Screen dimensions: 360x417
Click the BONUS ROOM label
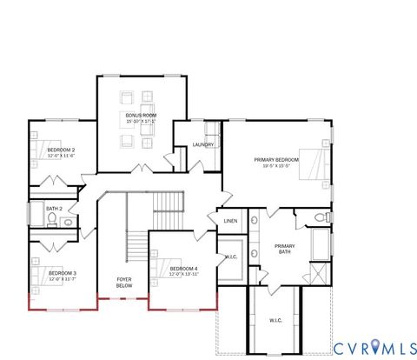140,116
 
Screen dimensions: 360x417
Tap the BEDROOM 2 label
61,150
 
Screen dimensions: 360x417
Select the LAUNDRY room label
203,144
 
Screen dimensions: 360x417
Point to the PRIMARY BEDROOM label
276,159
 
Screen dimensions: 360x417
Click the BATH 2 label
54,209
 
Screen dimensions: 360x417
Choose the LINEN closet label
230,221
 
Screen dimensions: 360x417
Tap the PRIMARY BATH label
285,249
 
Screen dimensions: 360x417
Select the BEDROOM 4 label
184,269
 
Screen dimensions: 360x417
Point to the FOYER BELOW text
124,282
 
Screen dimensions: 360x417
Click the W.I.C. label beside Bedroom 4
232,257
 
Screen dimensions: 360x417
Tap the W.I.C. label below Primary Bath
275,320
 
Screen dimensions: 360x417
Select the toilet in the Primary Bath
320,216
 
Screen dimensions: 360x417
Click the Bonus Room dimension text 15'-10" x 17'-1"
140,122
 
